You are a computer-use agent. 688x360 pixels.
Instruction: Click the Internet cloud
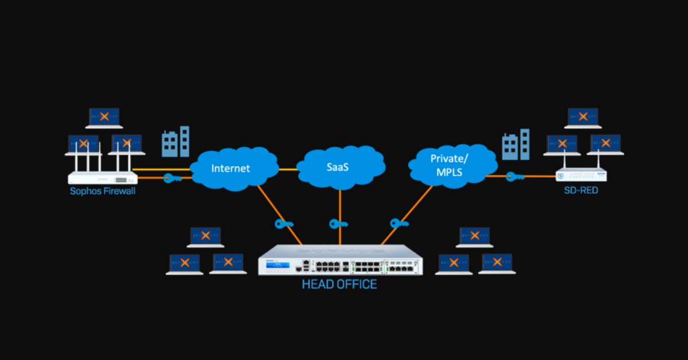coord(230,169)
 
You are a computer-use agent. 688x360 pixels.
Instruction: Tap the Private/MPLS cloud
coord(449,166)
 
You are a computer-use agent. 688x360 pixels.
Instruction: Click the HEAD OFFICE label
coord(339,284)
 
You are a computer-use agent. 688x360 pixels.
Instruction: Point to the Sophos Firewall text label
coord(103,191)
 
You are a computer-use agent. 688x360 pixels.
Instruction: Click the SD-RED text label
coord(581,190)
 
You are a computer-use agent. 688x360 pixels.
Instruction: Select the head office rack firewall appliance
coord(340,260)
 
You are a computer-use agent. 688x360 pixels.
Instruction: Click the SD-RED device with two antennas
coord(581,175)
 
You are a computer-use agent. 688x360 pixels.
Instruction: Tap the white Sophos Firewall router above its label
coord(103,177)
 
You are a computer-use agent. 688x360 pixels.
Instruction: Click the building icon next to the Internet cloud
coord(175,142)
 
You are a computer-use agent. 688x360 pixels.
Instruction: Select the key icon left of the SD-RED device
coord(514,177)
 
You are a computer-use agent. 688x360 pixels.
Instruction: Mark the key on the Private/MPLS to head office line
coord(398,223)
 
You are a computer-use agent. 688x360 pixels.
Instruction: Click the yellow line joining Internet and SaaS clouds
coord(288,169)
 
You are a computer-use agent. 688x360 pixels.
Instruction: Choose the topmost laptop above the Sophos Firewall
coord(104,118)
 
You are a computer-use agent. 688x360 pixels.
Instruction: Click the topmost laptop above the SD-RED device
coord(583,118)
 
